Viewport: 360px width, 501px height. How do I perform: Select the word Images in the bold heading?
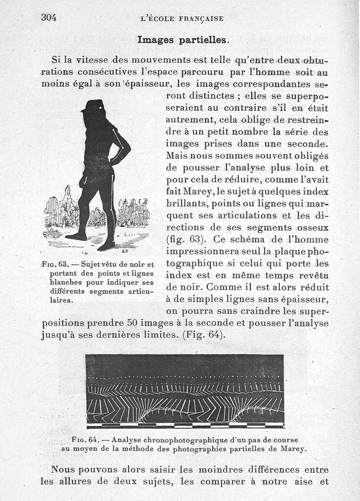[x=156, y=40]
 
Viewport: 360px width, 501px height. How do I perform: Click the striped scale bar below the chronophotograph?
[x=185, y=425]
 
